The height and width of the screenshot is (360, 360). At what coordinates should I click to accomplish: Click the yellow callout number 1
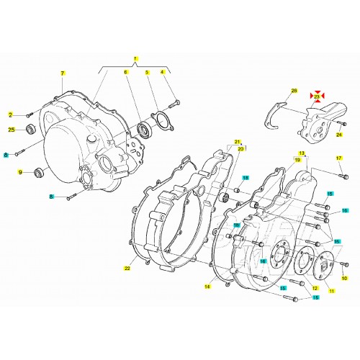pyautogui.click(x=134, y=57)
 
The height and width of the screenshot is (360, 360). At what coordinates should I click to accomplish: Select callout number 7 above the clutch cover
pyautogui.click(x=63, y=73)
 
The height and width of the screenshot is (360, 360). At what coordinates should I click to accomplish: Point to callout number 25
pyautogui.click(x=11, y=130)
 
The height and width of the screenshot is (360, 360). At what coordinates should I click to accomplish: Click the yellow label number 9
pyautogui.click(x=21, y=171)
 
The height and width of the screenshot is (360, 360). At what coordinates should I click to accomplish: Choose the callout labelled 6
pyautogui.click(x=125, y=73)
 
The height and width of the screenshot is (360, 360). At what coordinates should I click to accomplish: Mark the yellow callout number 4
pyautogui.click(x=162, y=73)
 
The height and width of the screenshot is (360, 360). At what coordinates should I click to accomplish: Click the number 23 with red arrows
pyautogui.click(x=317, y=95)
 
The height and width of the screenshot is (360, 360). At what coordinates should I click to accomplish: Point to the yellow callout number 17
pyautogui.click(x=339, y=158)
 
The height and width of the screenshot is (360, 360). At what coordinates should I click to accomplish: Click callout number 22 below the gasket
pyautogui.click(x=126, y=269)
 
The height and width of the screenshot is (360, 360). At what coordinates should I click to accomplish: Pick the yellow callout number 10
pyautogui.click(x=343, y=278)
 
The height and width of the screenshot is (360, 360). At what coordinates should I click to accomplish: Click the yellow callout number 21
pyautogui.click(x=235, y=143)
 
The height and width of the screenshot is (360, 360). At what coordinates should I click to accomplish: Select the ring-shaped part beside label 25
pyautogui.click(x=31, y=130)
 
